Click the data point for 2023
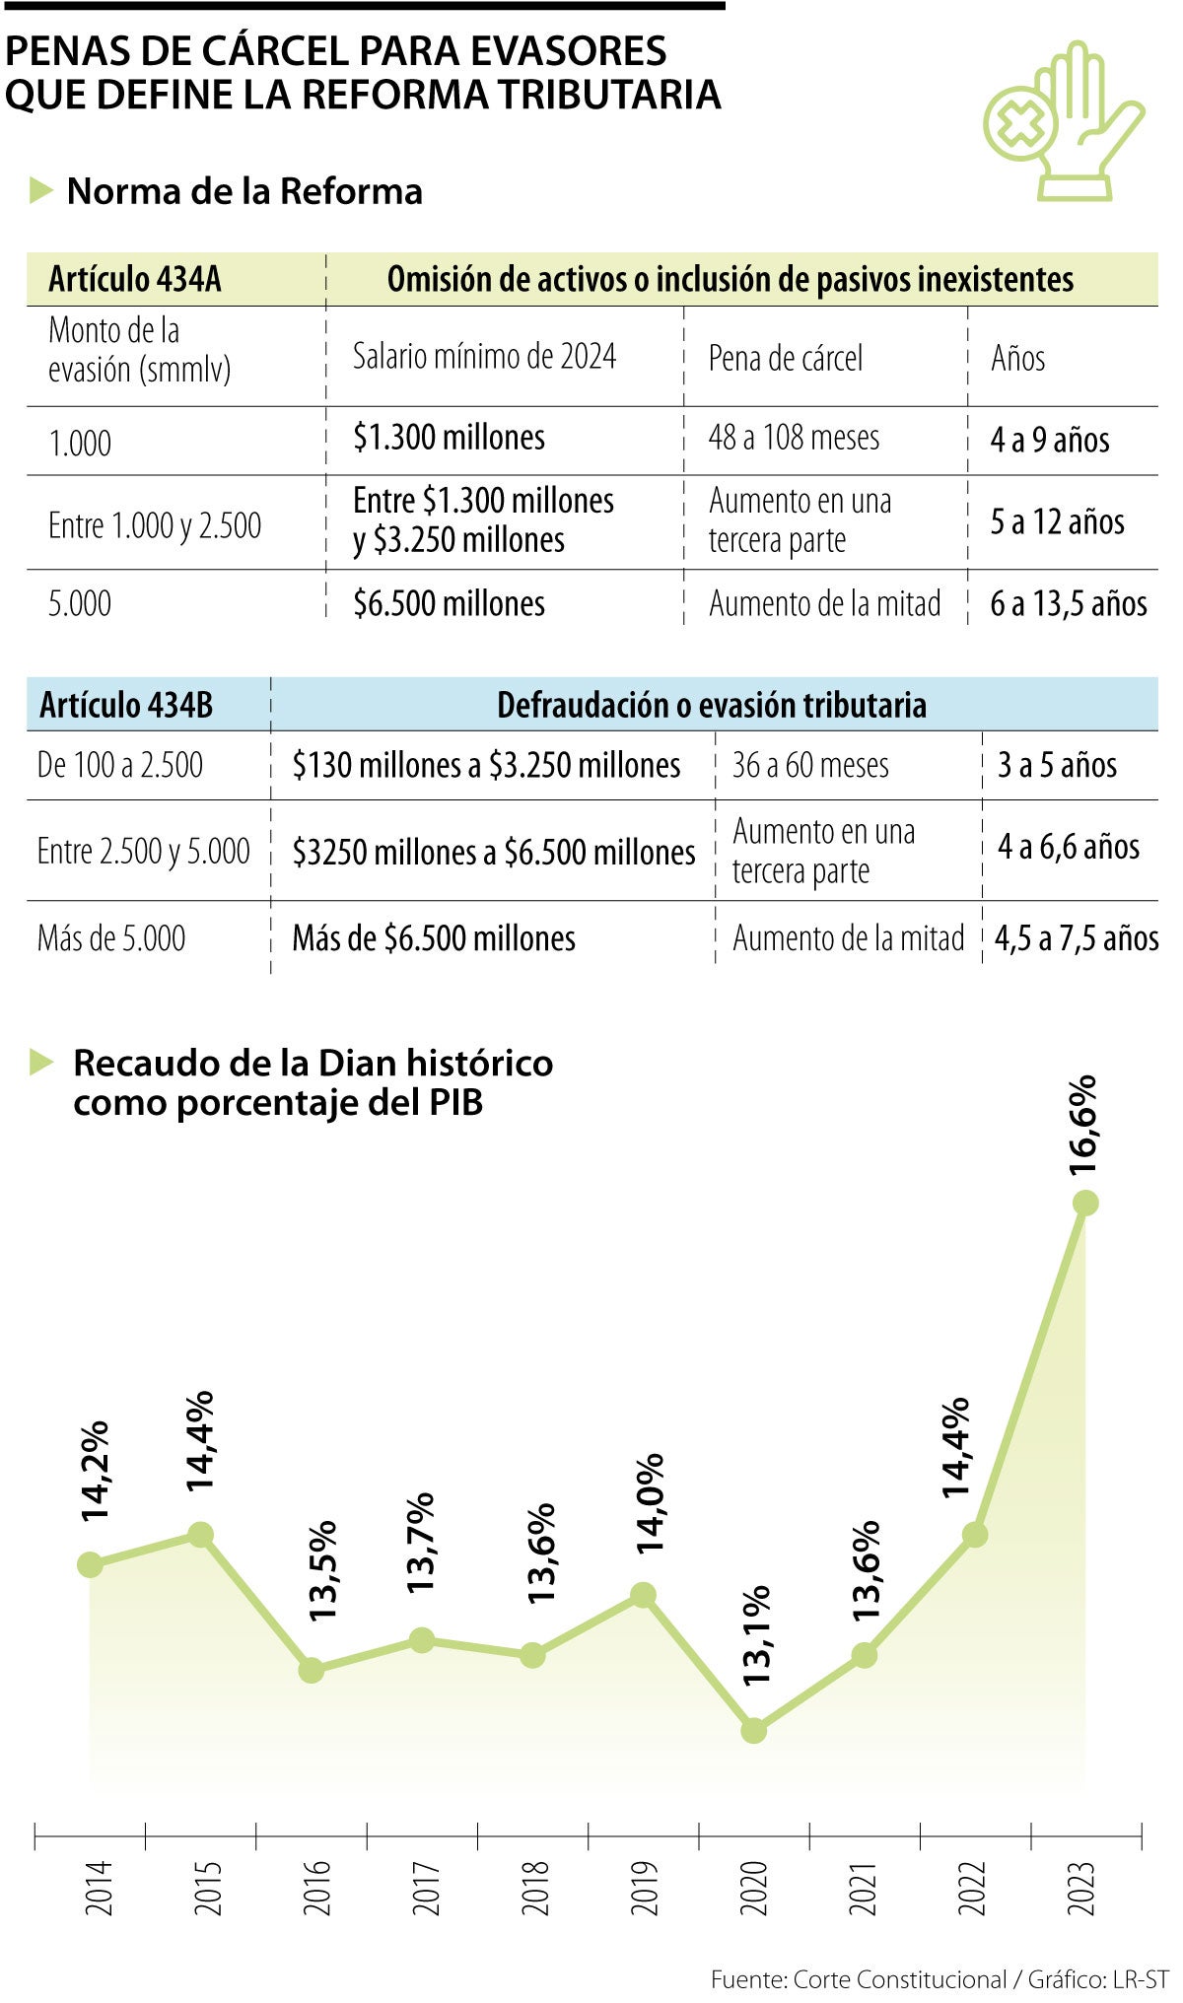click(1085, 1203)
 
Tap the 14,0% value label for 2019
click(651, 1504)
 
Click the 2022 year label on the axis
click(972, 1888)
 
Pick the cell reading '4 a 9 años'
click(1049, 440)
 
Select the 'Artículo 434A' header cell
click(135, 280)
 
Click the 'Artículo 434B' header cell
click(126, 705)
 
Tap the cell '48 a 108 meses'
click(794, 438)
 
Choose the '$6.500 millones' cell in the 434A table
click(450, 603)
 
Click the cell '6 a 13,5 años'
click(1069, 603)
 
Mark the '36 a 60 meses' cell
click(810, 765)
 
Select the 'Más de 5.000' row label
click(111, 937)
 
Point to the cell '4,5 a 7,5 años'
click(1077, 937)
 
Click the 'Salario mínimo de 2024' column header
click(485, 357)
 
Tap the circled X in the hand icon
click(1020, 123)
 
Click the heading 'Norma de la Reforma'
click(244, 191)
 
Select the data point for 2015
click(200, 1535)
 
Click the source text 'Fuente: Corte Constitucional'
click(858, 1979)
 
